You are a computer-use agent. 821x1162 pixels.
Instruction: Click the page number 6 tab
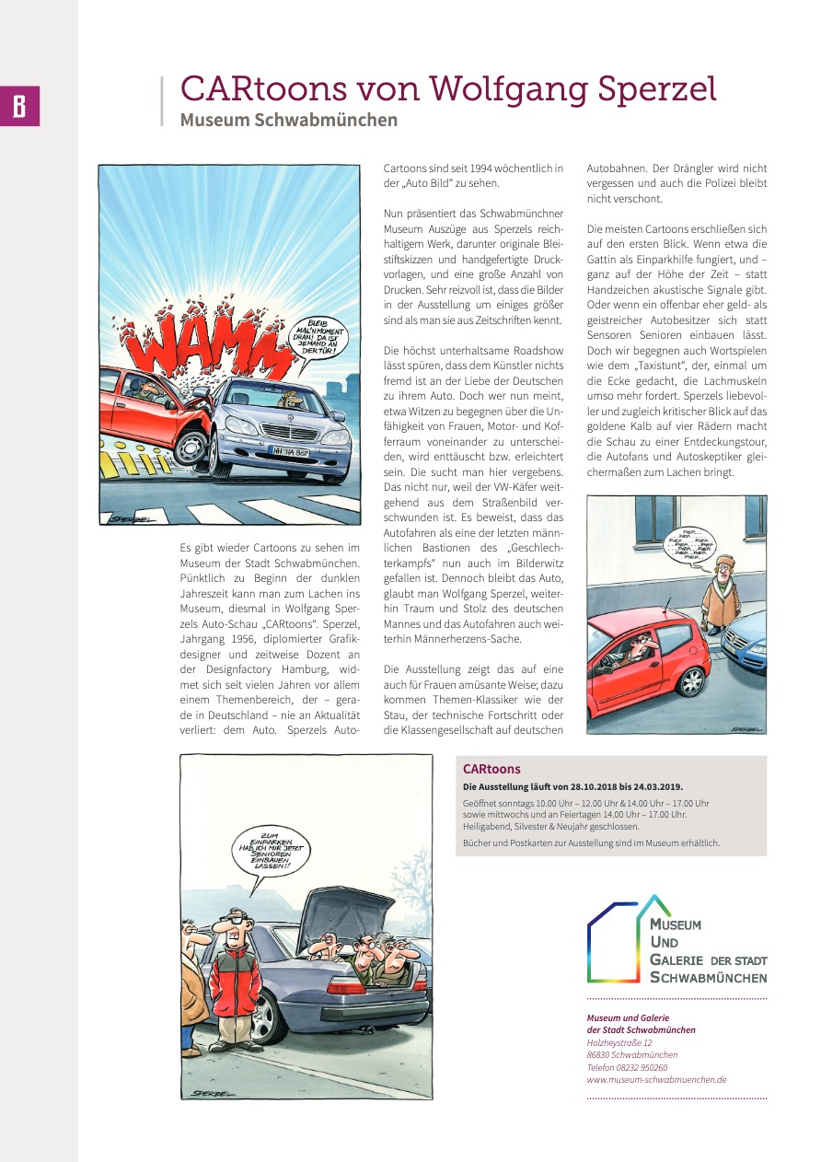point(19,107)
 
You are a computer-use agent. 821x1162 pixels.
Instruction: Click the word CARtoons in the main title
point(262,88)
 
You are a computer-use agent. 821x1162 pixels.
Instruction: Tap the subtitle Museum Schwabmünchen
point(288,120)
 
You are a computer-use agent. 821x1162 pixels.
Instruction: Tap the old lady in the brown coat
point(721,593)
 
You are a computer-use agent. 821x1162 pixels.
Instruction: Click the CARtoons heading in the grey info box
point(491,769)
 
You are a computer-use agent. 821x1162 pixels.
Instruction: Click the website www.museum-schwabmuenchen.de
point(656,1079)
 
